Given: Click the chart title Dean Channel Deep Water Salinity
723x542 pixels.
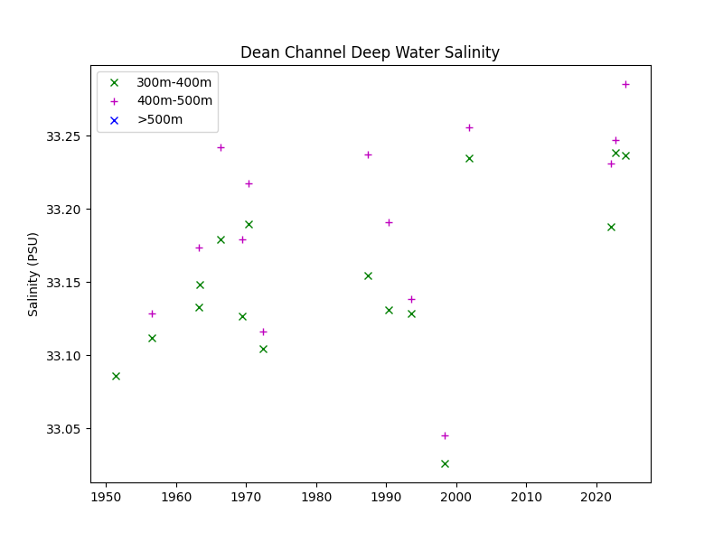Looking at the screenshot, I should (370, 52).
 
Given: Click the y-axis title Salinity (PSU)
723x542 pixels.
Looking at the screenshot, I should (33, 274).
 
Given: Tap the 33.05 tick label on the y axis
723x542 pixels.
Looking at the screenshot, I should (63, 429).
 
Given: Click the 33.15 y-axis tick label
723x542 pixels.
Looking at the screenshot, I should (63, 283).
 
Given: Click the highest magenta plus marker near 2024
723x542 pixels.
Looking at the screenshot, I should (625, 84).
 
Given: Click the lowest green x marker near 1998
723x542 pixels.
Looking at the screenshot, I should (445, 463).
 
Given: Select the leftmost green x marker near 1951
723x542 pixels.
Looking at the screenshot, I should (116, 376).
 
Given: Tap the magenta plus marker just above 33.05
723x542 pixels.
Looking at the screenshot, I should (445, 435).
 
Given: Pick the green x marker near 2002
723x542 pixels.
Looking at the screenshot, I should (469, 158).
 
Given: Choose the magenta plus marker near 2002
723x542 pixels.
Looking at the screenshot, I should (469, 127).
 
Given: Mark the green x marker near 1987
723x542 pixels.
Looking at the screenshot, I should (368, 276).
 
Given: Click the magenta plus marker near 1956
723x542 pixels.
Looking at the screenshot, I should (152, 313).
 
